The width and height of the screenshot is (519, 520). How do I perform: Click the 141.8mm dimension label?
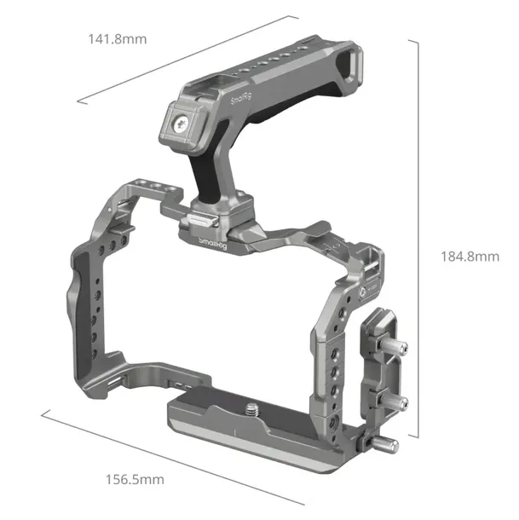[118, 38]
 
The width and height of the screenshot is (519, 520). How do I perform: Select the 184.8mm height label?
[469, 257]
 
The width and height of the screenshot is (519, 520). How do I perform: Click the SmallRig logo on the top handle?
[241, 101]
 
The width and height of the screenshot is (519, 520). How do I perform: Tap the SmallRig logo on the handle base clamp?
[212, 245]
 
